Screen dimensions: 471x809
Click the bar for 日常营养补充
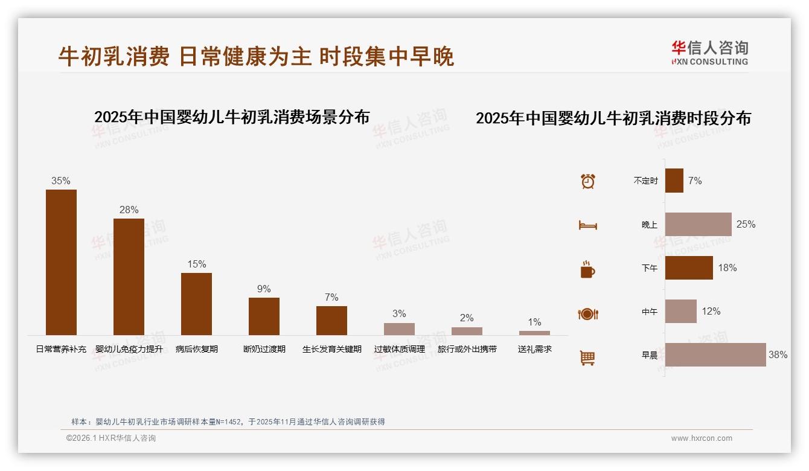pyautogui.click(x=61, y=262)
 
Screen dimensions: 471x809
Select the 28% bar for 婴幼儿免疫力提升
pyautogui.click(x=129, y=277)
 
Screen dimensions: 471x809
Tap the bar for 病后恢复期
pyautogui.click(x=196, y=304)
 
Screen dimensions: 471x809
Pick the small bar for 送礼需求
pyautogui.click(x=534, y=333)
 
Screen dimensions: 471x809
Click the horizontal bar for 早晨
pyautogui.click(x=715, y=354)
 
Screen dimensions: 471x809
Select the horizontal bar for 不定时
pyautogui.click(x=674, y=181)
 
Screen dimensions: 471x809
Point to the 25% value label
pyautogui.click(x=746, y=224)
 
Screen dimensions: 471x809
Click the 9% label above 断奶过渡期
pyautogui.click(x=264, y=289)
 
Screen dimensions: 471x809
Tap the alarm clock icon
pyautogui.click(x=588, y=181)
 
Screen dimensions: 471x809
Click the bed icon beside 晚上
pyautogui.click(x=588, y=225)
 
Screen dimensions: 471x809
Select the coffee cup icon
pyautogui.click(x=588, y=269)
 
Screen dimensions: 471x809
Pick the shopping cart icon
pyautogui.click(x=587, y=358)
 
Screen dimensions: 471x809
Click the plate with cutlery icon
pyautogui.click(x=588, y=314)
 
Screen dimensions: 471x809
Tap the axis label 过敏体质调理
pyautogui.click(x=399, y=349)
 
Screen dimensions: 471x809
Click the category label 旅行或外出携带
pyautogui.click(x=467, y=349)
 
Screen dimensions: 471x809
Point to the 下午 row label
pyautogui.click(x=650, y=268)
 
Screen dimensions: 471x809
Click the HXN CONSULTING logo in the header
pyautogui.click(x=710, y=53)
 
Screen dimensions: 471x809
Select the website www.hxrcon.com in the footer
pyautogui.click(x=702, y=438)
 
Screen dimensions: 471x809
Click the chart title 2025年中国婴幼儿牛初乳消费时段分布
pyautogui.click(x=613, y=118)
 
